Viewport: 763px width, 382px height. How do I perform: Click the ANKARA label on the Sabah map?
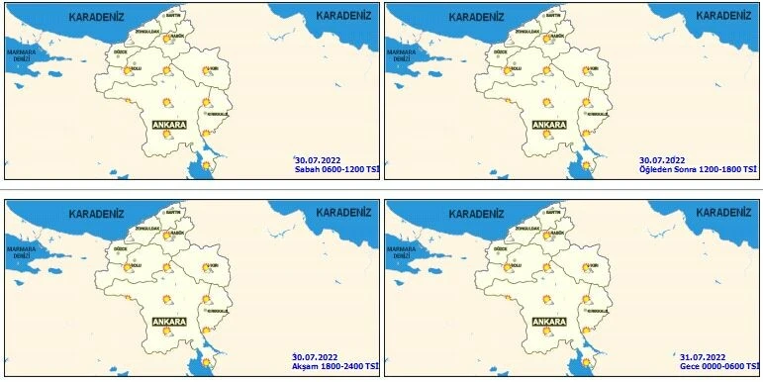point(169,125)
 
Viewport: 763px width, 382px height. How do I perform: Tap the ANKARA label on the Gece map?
point(549,322)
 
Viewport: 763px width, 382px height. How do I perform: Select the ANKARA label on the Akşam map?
point(169,322)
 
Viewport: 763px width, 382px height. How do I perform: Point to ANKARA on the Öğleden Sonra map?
point(549,125)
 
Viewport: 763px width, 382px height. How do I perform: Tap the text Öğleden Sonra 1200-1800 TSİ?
point(698,169)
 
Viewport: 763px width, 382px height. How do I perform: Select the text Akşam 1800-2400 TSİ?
point(334,366)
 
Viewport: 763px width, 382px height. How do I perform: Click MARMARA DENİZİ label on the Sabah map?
point(22,54)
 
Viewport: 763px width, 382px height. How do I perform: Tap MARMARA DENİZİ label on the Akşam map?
point(22,251)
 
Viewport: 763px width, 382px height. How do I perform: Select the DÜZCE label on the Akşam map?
point(120,247)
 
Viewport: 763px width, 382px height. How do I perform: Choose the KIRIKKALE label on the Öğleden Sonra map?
point(596,115)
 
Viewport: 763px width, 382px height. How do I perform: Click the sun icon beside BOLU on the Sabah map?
point(128,70)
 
